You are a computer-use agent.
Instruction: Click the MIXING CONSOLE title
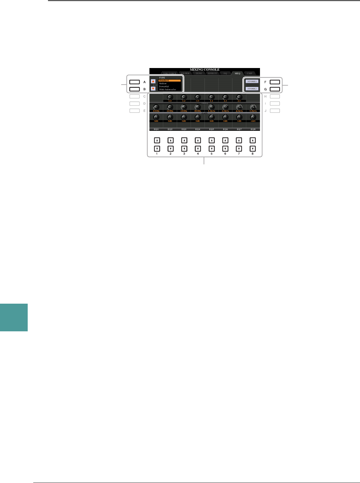(205, 70)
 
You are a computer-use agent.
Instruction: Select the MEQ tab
(238, 74)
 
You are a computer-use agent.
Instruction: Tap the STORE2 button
(252, 89)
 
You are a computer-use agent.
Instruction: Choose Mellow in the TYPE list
(163, 84)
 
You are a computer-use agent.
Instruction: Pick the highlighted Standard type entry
(169, 80)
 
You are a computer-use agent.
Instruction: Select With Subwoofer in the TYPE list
(167, 89)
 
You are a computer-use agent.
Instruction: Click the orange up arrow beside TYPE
(153, 81)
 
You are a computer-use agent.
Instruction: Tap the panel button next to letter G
(275, 89)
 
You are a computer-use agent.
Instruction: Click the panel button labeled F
(275, 82)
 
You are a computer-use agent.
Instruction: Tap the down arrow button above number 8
(252, 149)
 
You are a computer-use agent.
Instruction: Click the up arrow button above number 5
(211, 141)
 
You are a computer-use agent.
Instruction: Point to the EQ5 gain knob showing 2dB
(211, 117)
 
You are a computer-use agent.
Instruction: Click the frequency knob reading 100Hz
(156, 107)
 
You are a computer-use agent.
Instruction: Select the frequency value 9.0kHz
(253, 111)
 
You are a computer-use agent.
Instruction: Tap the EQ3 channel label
(184, 129)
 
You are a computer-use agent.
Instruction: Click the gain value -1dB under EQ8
(253, 121)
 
